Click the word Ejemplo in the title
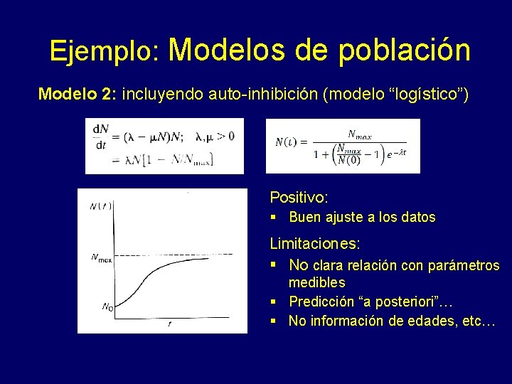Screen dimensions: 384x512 point(104,50)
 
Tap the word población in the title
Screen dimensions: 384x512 point(404,50)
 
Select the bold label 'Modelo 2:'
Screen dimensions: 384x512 point(78,94)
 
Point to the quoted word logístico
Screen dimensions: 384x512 point(425,94)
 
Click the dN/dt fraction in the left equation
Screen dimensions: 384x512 point(100,136)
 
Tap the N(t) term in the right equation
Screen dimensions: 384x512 point(288,142)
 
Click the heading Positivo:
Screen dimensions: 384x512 point(299,197)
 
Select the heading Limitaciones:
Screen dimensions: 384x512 point(315,244)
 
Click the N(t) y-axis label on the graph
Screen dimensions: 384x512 point(100,206)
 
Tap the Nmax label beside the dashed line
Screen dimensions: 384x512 point(101,259)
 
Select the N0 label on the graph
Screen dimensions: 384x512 point(107,307)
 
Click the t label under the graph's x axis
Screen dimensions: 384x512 point(169,324)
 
